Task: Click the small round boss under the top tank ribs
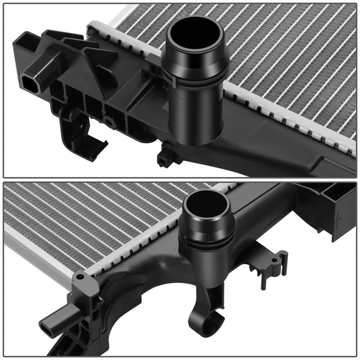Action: [108, 122]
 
